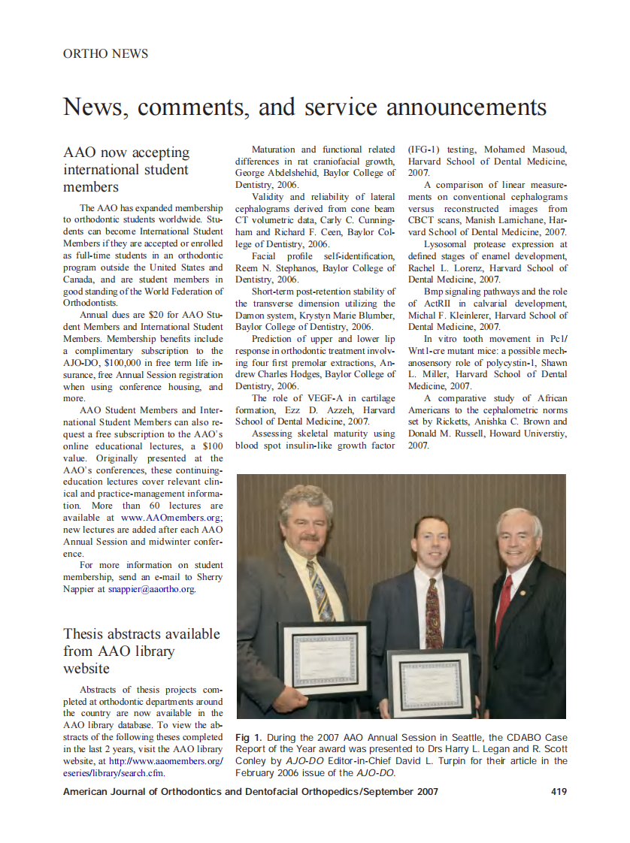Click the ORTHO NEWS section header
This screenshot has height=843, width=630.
pyautogui.click(x=105, y=54)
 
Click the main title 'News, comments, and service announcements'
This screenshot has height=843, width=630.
pyautogui.click(x=304, y=107)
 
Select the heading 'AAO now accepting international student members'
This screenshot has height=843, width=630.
pyautogui.click(x=126, y=169)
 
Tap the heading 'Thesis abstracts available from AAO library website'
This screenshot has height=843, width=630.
pyautogui.click(x=141, y=651)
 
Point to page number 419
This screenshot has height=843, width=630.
pyautogui.click(x=559, y=791)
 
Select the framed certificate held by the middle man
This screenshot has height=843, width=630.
pyautogui.click(x=432, y=682)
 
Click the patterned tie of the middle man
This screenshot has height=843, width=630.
pyautogui.click(x=434, y=612)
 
